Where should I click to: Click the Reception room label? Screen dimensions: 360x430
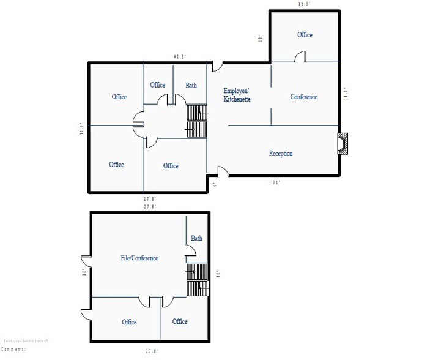pyautogui.click(x=281, y=154)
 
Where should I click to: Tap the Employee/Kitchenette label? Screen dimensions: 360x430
pyautogui.click(x=237, y=95)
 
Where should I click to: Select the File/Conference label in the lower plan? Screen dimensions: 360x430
pyautogui.click(x=139, y=258)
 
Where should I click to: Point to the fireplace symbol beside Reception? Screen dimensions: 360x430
pyautogui.click(x=343, y=143)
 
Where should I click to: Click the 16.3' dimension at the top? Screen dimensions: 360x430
pyautogui.click(x=305, y=4)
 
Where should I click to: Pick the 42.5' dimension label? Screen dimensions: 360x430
pyautogui.click(x=180, y=57)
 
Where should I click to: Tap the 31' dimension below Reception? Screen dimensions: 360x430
pyautogui.click(x=276, y=182)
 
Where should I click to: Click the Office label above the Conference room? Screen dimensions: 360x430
pyautogui.click(x=305, y=35)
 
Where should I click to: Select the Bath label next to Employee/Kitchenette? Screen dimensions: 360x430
pyautogui.click(x=191, y=85)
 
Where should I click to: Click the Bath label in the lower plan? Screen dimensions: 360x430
pyautogui.click(x=196, y=238)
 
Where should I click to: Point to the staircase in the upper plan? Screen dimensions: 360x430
pyautogui.click(x=198, y=121)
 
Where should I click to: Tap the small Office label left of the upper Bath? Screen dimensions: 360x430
pyautogui.click(x=158, y=85)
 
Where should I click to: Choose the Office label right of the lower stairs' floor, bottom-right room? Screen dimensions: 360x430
pyautogui.click(x=180, y=321)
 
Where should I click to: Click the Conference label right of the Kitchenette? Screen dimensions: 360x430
pyautogui.click(x=304, y=97)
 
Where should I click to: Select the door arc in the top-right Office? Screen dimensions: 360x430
pyautogui.click(x=300, y=56)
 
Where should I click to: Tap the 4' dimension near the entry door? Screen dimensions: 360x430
pyautogui.click(x=213, y=184)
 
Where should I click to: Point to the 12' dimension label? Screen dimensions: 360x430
pyautogui.click(x=261, y=39)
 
